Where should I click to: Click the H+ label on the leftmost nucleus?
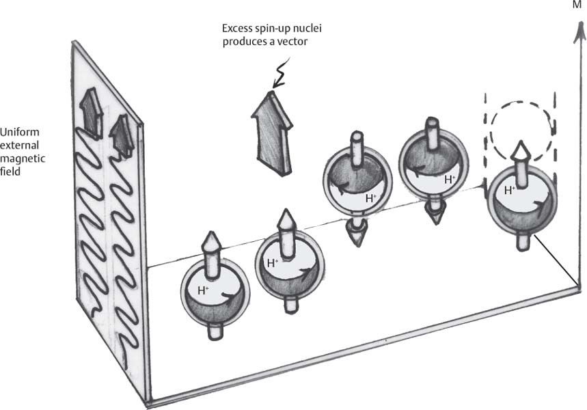(204, 290)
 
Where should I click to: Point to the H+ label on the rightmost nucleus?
(509, 191)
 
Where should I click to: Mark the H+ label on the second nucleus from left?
(273, 262)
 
